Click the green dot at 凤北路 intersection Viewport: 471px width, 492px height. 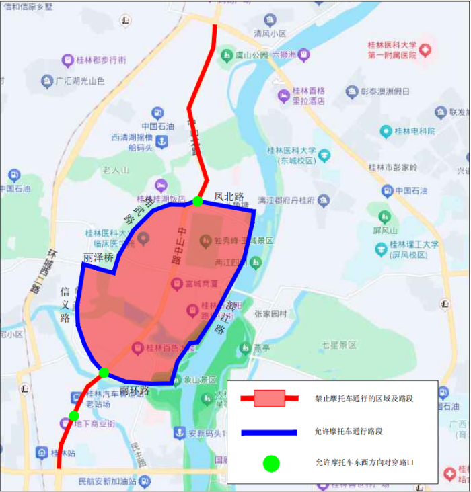(197, 201)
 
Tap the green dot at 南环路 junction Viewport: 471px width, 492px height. (104, 372)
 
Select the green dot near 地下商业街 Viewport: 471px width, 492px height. (73, 416)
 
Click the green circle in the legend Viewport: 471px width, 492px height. (270, 463)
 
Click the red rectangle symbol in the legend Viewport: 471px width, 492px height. (269, 399)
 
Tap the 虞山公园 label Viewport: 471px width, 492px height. (252, 55)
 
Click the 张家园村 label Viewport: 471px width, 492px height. (270, 314)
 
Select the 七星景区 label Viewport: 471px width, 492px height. (338, 345)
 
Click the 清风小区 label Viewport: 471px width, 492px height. (270, 33)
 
